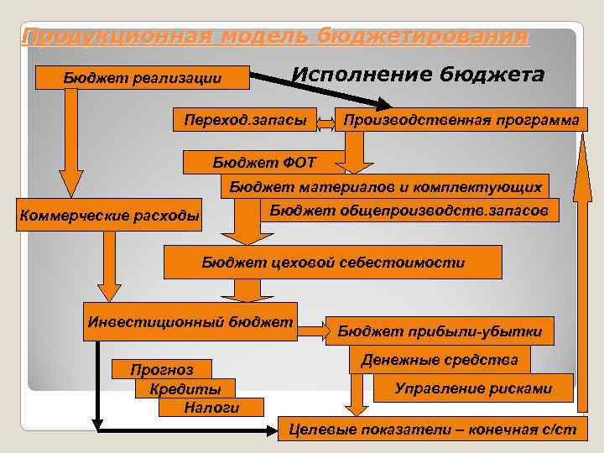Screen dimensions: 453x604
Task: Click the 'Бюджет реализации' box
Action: point(143,78)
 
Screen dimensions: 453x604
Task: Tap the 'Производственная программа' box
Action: point(461,121)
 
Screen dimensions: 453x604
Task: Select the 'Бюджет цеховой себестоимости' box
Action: point(332,262)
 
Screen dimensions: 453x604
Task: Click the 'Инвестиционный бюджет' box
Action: point(190,321)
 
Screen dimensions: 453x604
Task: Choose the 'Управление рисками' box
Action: point(474,388)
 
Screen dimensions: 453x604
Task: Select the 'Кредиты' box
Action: point(185,389)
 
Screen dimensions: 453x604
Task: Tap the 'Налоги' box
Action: point(211,408)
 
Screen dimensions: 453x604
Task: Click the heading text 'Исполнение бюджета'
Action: point(418,75)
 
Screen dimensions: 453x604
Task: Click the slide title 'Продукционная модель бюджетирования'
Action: point(275,37)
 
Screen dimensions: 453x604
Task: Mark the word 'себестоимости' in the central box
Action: point(411,262)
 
